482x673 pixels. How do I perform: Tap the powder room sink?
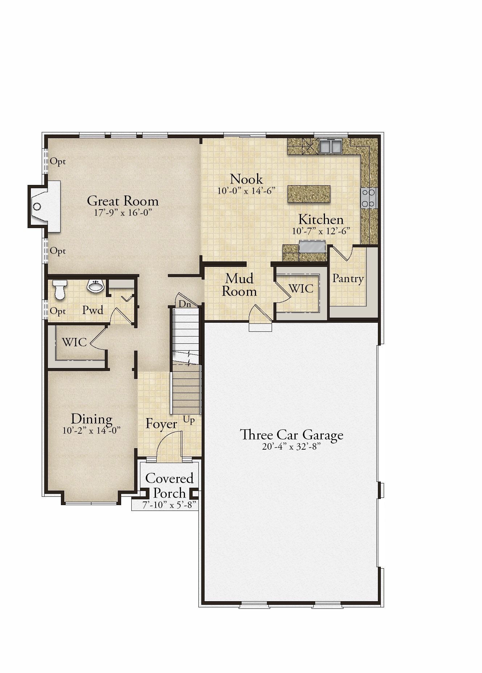coord(96,286)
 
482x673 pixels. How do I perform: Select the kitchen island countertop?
coord(309,194)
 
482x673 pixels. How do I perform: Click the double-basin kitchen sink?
coord(331,146)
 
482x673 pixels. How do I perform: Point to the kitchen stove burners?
coord(369,198)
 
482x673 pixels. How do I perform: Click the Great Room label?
coord(123,201)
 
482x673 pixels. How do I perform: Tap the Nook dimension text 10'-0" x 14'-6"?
coord(247,191)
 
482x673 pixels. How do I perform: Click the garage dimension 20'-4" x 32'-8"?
coord(292,447)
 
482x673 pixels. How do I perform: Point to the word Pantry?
coord(348,278)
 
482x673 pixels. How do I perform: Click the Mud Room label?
coord(239,285)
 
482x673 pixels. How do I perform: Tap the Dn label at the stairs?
coord(185,304)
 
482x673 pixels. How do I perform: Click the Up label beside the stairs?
coord(189,420)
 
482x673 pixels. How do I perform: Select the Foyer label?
coord(161,424)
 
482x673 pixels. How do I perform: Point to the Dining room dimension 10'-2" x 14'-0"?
coord(91,431)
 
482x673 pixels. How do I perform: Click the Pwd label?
coord(93,310)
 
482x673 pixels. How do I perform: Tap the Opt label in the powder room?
coord(58,311)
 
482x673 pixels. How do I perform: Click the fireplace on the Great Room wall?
coord(44,206)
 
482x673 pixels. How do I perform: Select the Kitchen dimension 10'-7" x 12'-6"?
coord(321,231)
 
